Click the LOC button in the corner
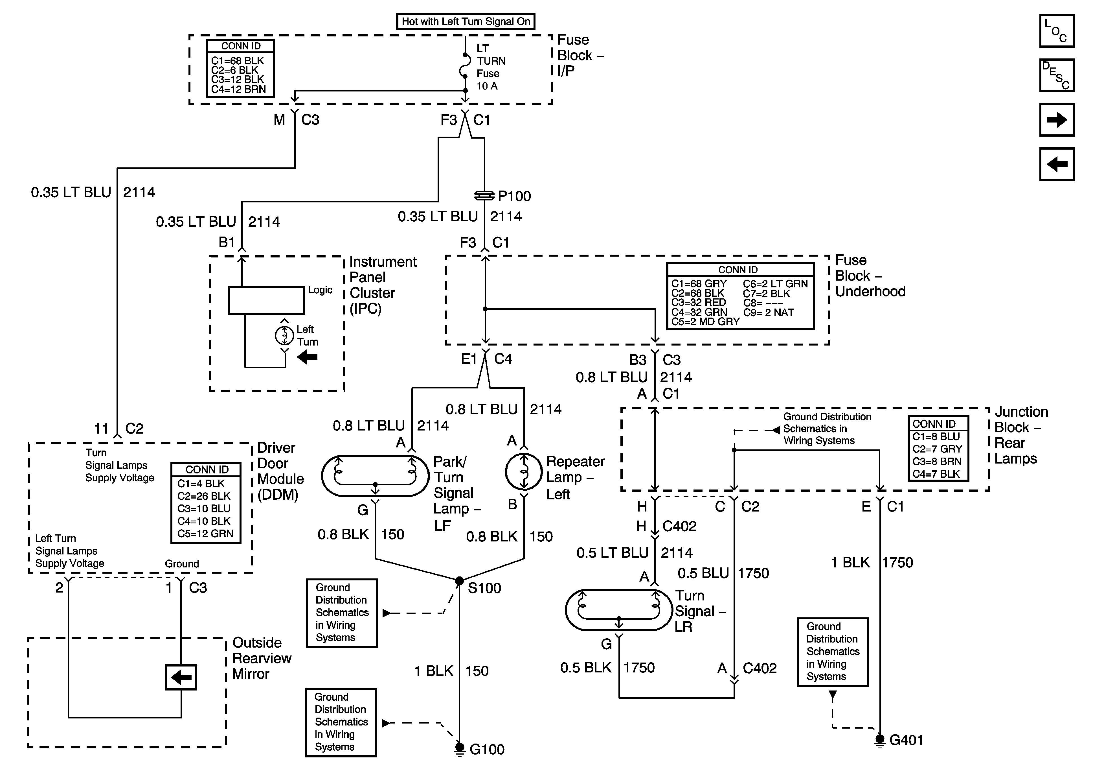coord(1056,31)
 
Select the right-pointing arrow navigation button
coord(1056,120)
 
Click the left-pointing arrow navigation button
coord(1056,164)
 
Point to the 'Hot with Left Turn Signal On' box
coord(466,21)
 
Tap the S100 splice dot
coord(459,581)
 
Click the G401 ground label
coord(906,740)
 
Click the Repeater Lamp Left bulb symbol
coord(524,472)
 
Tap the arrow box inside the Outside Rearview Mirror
coord(181,677)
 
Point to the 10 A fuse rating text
coord(487,86)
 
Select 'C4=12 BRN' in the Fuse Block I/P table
coord(238,89)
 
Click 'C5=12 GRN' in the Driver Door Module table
coord(205,534)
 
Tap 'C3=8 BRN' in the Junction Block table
coord(936,461)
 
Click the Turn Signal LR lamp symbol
coord(618,610)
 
